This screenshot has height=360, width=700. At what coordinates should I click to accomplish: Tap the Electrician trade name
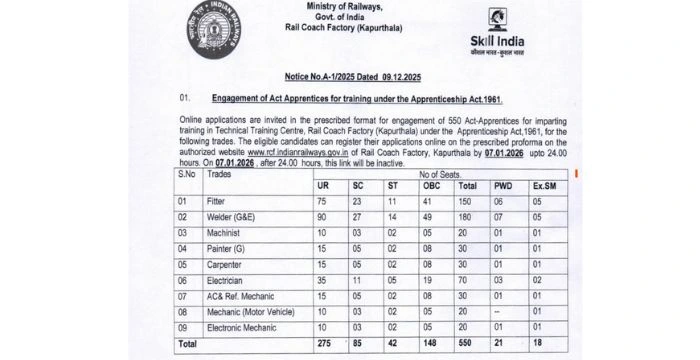coord(226,281)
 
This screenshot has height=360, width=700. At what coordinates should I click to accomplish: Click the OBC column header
coord(432,186)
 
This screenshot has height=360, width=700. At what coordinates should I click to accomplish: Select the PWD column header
coord(502,186)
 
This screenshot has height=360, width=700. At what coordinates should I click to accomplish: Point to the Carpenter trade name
coord(226,265)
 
